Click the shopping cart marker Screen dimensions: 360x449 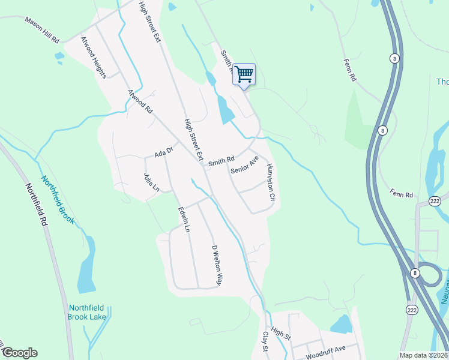[x=244, y=75]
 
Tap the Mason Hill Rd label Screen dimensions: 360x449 [x=43, y=29]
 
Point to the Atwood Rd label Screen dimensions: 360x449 [x=140, y=102]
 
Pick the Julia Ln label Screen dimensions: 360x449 [x=151, y=183]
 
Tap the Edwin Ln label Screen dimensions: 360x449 [x=184, y=220]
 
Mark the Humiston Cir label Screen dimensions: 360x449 [x=271, y=181]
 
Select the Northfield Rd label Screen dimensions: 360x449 [x=36, y=204]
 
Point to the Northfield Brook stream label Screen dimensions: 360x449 [x=58, y=199]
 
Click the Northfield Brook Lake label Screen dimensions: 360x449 [x=86, y=312]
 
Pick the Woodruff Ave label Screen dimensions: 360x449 [x=325, y=352]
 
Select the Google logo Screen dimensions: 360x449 [x=19, y=353]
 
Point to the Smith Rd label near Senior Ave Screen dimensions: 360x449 [x=221, y=161]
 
